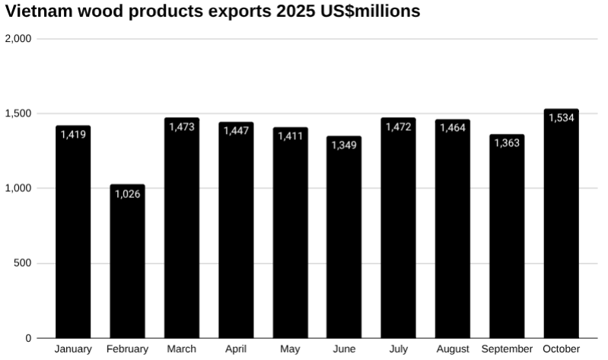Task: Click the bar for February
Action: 127,263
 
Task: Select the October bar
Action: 561,228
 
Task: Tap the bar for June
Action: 344,240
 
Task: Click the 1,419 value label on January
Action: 73,135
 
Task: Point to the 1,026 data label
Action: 127,194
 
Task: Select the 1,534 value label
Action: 561,118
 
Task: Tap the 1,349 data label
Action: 344,145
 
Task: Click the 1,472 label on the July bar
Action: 398,127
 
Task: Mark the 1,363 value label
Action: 507,143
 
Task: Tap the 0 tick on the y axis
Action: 28,338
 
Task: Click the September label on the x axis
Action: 507,349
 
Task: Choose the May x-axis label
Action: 290,349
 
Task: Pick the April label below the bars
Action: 236,349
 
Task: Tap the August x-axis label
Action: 453,349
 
